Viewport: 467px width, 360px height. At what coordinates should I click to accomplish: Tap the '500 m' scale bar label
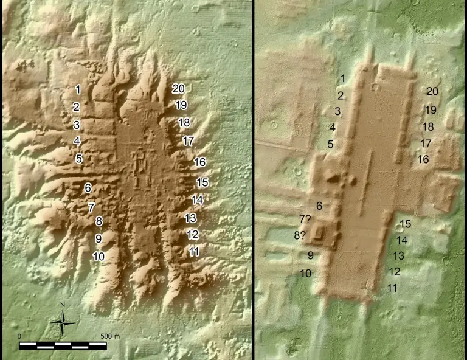click(x=109, y=336)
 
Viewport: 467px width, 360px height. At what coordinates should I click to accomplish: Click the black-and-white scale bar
click(x=63, y=345)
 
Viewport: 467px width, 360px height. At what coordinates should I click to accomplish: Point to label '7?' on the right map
click(x=305, y=220)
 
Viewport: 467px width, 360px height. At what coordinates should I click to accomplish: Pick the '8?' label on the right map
click(x=300, y=235)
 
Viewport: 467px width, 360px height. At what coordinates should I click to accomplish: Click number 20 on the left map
click(x=178, y=89)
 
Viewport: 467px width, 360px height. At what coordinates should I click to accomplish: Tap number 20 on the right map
click(x=432, y=91)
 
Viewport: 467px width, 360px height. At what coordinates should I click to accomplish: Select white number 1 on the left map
click(x=78, y=89)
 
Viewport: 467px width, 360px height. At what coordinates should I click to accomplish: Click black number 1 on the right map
click(x=342, y=78)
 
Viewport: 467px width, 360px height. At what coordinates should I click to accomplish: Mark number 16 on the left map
click(x=199, y=162)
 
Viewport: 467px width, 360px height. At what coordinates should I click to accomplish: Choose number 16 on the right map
click(x=423, y=159)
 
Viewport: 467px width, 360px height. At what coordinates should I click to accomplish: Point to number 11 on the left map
click(x=195, y=252)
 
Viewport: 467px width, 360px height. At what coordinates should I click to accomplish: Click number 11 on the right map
click(x=392, y=288)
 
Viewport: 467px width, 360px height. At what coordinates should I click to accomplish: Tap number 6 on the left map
click(x=88, y=188)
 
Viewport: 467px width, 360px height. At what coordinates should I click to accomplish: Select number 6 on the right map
click(x=319, y=206)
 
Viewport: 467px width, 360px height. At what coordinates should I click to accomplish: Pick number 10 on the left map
click(x=99, y=257)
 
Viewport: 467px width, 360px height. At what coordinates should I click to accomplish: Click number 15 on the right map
click(x=405, y=224)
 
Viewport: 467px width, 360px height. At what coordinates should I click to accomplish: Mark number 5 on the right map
click(x=330, y=144)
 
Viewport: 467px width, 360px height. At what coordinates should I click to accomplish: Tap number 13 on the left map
click(x=190, y=218)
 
